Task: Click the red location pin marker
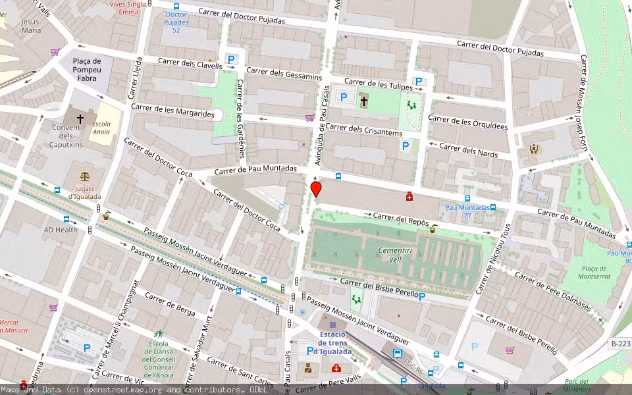(316, 190)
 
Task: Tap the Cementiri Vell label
(395, 255)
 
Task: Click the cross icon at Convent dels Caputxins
(80, 119)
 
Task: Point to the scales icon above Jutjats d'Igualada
(84, 176)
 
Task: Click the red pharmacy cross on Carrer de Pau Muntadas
(409, 196)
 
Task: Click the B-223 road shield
(620, 344)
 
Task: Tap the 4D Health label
(61, 230)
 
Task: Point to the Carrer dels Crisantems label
(363, 130)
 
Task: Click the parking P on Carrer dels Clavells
(231, 59)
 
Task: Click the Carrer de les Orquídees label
(468, 122)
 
